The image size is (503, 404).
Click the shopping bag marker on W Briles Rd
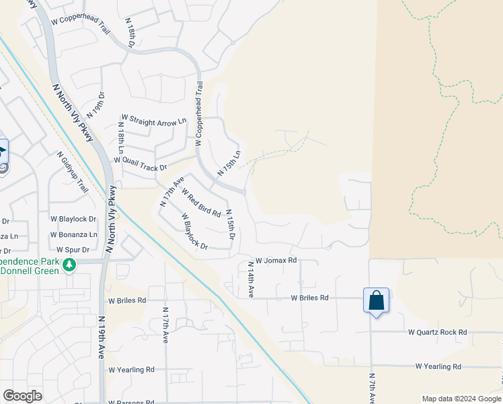pyautogui.click(x=376, y=300)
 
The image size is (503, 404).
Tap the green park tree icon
pyautogui.click(x=68, y=266)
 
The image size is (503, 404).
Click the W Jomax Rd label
pyautogui.click(x=276, y=260)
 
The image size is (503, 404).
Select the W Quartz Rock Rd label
pyautogui.click(x=437, y=333)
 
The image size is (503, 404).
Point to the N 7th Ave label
pyautogui.click(x=371, y=389)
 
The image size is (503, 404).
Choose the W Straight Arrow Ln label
pyautogui.click(x=153, y=123)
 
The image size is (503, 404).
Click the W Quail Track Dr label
pyautogui.click(x=140, y=163)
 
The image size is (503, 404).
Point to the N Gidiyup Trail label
pyautogui.click(x=73, y=172)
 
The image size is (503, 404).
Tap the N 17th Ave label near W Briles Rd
pyautogui.click(x=165, y=325)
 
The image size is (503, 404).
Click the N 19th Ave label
pyautogui.click(x=102, y=337)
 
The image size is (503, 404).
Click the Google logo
pyautogui.click(x=22, y=396)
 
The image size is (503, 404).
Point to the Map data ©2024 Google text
pyautogui.click(x=461, y=399)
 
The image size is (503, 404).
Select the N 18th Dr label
pyautogui.click(x=130, y=31)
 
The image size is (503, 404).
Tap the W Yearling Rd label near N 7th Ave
pyautogui.click(x=438, y=367)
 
